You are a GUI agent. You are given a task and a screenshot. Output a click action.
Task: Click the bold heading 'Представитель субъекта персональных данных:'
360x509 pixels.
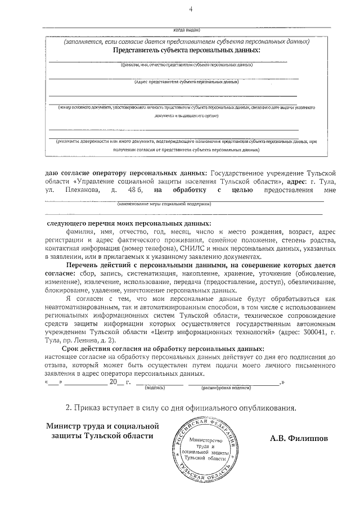click(186, 50)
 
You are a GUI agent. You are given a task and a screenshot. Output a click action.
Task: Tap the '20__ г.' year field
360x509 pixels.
click(120, 382)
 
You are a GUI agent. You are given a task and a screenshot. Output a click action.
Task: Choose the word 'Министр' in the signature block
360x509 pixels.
click(65, 427)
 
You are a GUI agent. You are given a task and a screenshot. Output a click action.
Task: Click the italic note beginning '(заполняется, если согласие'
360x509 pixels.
click(186, 42)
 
